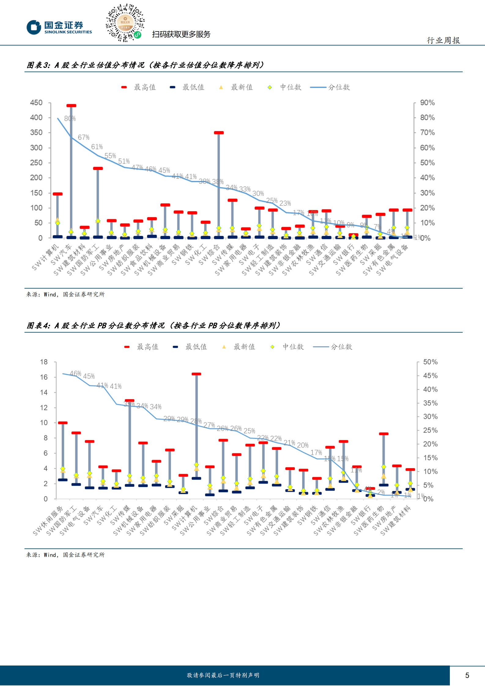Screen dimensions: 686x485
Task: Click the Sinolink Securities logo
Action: point(59,28)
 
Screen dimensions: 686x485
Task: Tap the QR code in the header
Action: point(125,23)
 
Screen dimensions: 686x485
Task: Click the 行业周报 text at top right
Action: point(443,40)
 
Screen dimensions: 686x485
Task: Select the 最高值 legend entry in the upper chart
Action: point(139,87)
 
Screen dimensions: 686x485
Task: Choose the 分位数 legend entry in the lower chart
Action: point(333,347)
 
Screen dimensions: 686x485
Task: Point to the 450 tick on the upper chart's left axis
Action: point(36,103)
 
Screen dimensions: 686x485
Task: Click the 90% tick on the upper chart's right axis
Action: point(427,103)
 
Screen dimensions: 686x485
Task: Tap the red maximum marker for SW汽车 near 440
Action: point(71,106)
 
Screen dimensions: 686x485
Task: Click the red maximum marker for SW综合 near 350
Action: point(219,133)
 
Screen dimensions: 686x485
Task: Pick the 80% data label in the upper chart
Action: point(70,118)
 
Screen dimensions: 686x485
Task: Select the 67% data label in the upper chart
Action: point(83,137)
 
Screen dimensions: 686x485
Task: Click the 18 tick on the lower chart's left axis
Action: point(44,362)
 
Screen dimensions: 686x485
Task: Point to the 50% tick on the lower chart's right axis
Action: point(430,362)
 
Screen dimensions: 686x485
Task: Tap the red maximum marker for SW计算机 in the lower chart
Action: point(196,374)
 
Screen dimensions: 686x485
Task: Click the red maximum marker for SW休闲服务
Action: point(63,423)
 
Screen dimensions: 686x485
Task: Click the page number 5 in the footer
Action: point(467,675)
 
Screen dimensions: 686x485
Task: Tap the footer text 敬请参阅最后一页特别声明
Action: point(223,675)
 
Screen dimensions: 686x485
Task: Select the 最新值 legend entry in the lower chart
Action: point(239,347)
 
